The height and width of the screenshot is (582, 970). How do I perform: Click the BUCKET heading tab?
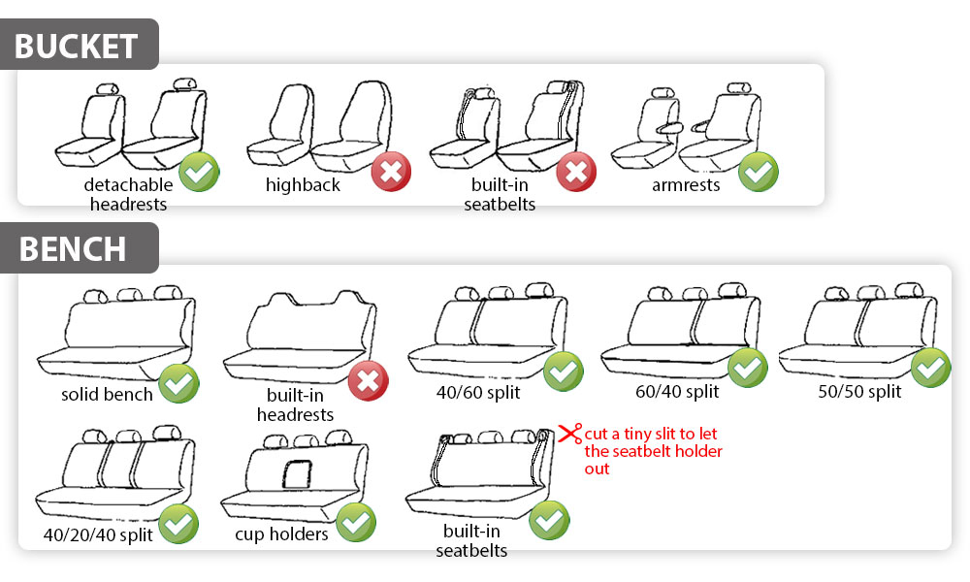pyautogui.click(x=80, y=45)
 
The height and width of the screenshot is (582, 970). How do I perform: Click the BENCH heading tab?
pyautogui.click(x=80, y=248)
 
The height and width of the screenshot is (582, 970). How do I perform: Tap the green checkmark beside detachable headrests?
pyautogui.click(x=199, y=172)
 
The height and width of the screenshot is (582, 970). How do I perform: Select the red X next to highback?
pyautogui.click(x=391, y=172)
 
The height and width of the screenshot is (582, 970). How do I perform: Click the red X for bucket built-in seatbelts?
pyautogui.click(x=576, y=172)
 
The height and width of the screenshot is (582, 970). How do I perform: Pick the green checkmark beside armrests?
pyautogui.click(x=759, y=172)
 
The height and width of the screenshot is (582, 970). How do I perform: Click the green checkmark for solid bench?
pyautogui.click(x=178, y=383)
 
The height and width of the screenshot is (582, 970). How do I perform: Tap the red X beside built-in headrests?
pyautogui.click(x=368, y=381)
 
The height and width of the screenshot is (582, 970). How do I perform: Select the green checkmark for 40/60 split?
pyautogui.click(x=563, y=372)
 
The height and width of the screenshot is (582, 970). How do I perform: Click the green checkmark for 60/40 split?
pyautogui.click(x=747, y=368)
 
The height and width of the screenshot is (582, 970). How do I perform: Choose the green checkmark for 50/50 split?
pyautogui.click(x=930, y=368)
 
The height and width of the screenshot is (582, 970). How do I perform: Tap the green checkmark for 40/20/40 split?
pyautogui.click(x=178, y=524)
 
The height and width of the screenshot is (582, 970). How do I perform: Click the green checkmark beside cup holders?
pyautogui.click(x=356, y=522)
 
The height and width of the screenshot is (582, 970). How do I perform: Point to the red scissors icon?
pyautogui.click(x=570, y=433)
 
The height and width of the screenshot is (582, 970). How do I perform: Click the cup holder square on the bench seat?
pyautogui.click(x=298, y=474)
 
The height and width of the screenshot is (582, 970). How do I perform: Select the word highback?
pyautogui.click(x=303, y=185)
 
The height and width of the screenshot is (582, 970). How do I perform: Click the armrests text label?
pyautogui.click(x=686, y=185)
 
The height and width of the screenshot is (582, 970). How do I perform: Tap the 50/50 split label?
pyautogui.click(x=859, y=392)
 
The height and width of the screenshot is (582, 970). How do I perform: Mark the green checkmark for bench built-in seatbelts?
pyautogui.click(x=549, y=520)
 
